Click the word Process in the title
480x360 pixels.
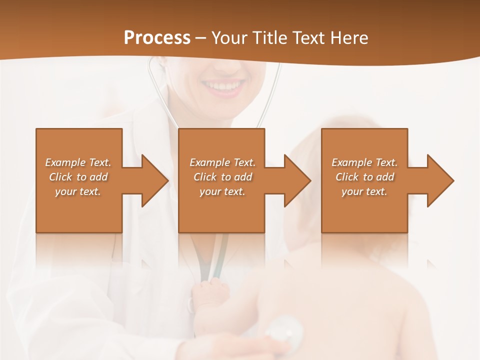(x=157, y=38)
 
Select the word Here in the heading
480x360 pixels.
(x=348, y=38)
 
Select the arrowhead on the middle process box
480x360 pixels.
(x=297, y=180)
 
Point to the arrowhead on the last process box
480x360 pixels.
(x=440, y=180)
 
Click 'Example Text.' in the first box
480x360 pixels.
(x=78, y=162)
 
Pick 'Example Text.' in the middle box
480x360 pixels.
(x=222, y=162)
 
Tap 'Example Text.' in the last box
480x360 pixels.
(x=364, y=162)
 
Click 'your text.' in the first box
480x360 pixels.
(x=78, y=191)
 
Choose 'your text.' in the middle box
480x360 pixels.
(x=222, y=191)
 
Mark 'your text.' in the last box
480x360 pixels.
(x=364, y=191)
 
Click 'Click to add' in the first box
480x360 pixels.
(x=78, y=177)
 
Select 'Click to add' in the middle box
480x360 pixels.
(x=222, y=177)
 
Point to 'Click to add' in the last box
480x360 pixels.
(x=364, y=177)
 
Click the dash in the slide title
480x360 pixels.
(x=201, y=38)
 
